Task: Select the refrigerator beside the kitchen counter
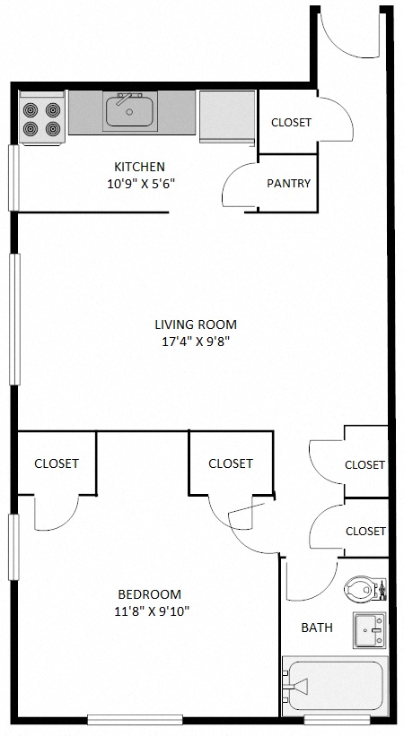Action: (x=225, y=116)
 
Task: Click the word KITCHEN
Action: (x=139, y=167)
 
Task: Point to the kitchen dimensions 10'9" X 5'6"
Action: (x=138, y=184)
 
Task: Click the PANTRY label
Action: (x=288, y=184)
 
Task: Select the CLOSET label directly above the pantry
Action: (x=290, y=123)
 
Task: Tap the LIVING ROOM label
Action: (x=196, y=325)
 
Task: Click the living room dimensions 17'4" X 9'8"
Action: (x=196, y=341)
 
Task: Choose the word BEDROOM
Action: (x=150, y=594)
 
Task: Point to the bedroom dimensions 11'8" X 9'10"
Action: (x=150, y=611)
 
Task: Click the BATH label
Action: (x=317, y=628)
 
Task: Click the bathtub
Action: (x=334, y=688)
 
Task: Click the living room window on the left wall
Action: (x=13, y=319)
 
